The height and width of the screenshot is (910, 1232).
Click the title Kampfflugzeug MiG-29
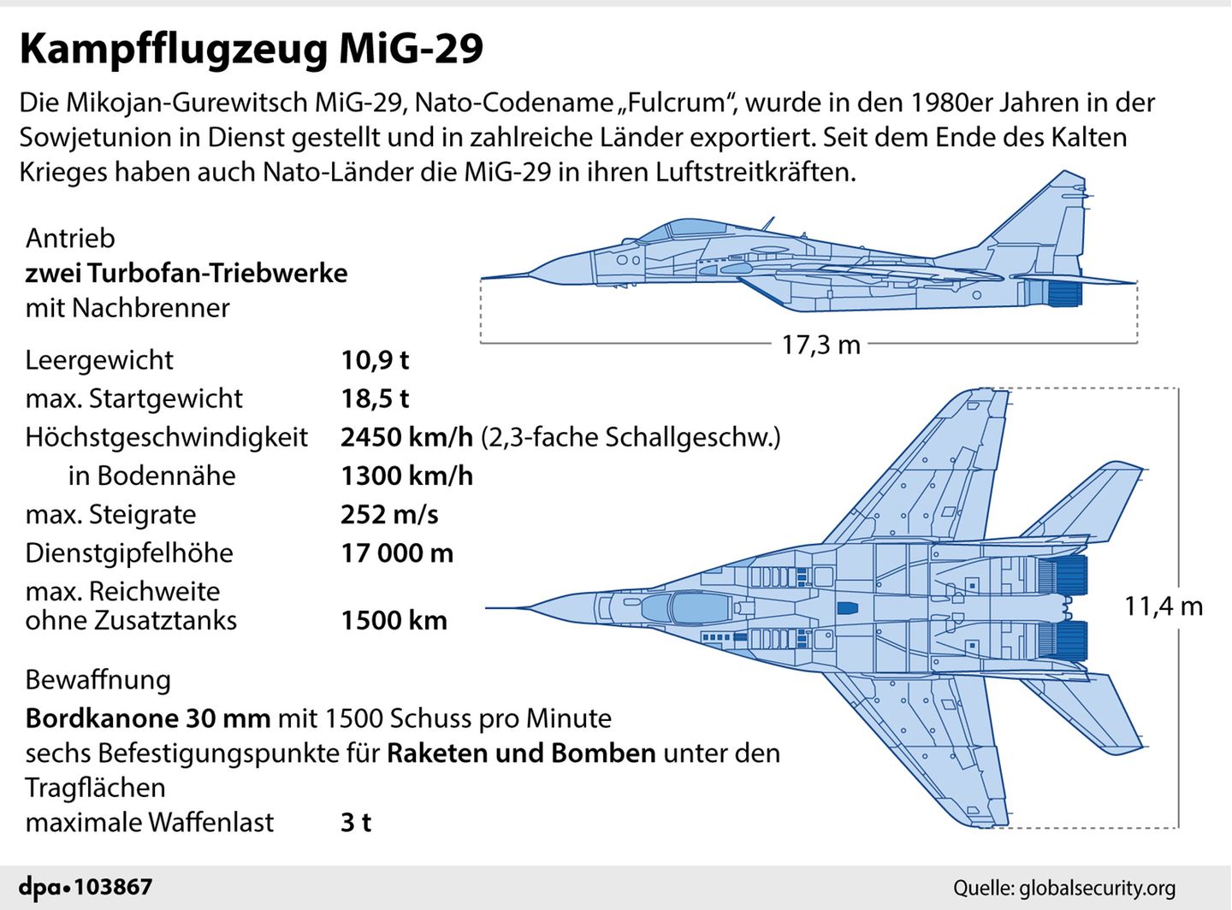252,49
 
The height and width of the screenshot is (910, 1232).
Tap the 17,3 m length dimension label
820,345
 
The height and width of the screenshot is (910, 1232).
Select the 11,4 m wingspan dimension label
1163,606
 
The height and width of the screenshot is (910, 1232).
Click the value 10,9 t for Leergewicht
375,360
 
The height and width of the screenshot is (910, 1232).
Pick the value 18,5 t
375,399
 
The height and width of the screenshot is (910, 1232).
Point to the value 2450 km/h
406,437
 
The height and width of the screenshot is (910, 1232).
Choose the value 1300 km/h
406,476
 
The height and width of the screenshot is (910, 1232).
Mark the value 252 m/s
389,514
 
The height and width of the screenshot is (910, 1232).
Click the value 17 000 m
397,553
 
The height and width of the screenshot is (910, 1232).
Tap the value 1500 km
394,620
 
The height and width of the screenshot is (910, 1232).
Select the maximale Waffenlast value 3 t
356,822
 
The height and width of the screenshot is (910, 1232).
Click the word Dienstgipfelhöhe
129,553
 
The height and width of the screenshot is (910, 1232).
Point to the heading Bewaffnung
98,680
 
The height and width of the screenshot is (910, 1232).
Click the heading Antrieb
70,238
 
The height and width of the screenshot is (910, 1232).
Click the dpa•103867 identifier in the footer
86,887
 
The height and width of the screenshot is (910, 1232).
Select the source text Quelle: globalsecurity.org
1064,888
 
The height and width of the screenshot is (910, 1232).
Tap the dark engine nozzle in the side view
1065,293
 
